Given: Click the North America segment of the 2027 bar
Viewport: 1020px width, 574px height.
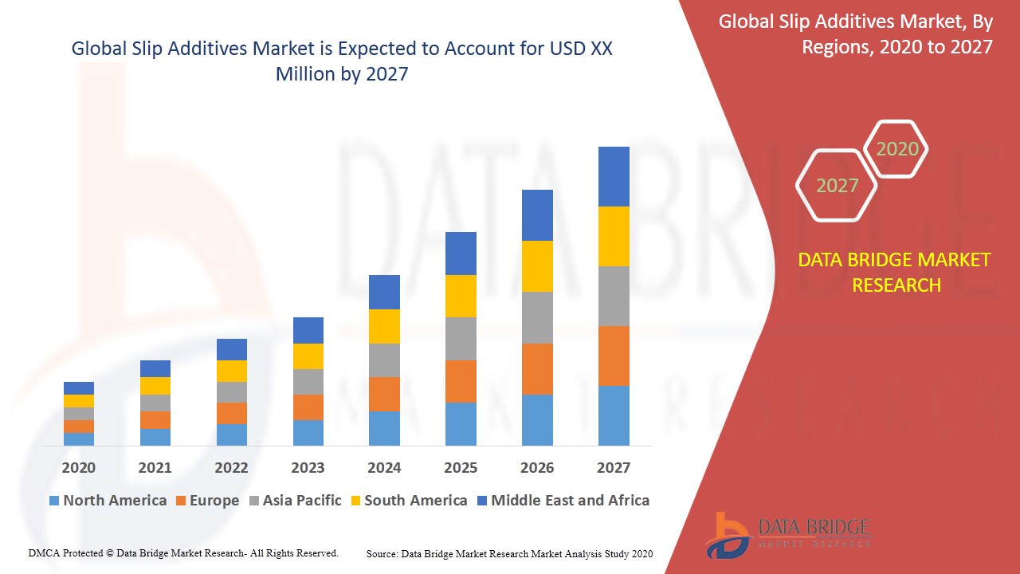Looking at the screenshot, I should tap(614, 415).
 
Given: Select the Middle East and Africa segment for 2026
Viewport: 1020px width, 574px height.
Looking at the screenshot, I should tap(537, 215).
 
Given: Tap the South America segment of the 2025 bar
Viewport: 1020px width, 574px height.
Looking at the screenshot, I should tap(461, 296).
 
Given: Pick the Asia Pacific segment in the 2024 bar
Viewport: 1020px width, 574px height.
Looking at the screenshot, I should tap(384, 360).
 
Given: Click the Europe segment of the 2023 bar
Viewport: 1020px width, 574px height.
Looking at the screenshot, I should tap(308, 407).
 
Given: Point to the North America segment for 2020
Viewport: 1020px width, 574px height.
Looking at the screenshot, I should tap(79, 439).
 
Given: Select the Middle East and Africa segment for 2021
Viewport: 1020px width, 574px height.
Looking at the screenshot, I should tap(155, 368).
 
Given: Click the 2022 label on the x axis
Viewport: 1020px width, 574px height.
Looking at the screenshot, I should tap(231, 468).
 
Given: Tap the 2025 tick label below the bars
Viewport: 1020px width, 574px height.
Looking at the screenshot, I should tap(461, 468).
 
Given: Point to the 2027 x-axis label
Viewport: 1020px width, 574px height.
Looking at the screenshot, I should tap(614, 468).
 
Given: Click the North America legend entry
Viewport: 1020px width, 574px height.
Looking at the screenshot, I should tap(108, 501).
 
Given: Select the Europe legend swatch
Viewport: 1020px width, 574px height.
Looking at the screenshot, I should tap(181, 501).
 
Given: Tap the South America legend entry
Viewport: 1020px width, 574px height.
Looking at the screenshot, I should tap(407, 501).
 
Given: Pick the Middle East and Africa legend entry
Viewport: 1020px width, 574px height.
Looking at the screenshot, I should tap(563, 501).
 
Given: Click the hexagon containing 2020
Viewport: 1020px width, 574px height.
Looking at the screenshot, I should tap(896, 149).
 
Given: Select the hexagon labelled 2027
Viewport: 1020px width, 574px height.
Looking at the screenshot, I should tap(837, 186).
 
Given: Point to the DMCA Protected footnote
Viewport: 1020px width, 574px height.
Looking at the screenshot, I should tap(183, 552).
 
